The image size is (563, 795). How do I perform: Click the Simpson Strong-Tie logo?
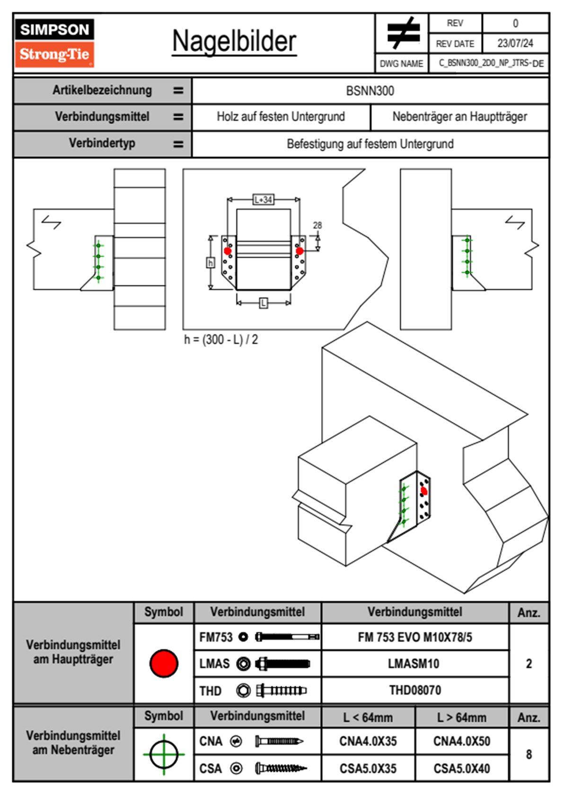click(54, 43)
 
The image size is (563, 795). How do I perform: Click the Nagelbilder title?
click(234, 41)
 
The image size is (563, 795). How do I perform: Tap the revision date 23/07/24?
click(515, 43)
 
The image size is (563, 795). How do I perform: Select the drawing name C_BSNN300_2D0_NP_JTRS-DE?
click(491, 63)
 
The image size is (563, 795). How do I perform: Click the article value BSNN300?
click(370, 91)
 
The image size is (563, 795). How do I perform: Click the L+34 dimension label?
click(263, 199)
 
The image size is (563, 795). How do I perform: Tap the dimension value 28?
click(317, 225)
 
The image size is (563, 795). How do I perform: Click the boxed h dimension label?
click(211, 263)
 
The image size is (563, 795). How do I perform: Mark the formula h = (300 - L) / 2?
click(221, 340)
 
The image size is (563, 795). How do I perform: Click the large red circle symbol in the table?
click(164, 663)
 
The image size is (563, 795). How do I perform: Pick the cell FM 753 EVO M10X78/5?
click(415, 638)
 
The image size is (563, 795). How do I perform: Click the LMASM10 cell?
click(413, 664)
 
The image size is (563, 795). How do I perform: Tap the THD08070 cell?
click(415, 690)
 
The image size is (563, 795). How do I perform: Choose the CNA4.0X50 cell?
click(462, 742)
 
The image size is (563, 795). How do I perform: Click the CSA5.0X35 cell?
click(368, 769)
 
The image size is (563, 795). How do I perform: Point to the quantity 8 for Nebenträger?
click(529, 754)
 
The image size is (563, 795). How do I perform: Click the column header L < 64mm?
click(368, 717)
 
